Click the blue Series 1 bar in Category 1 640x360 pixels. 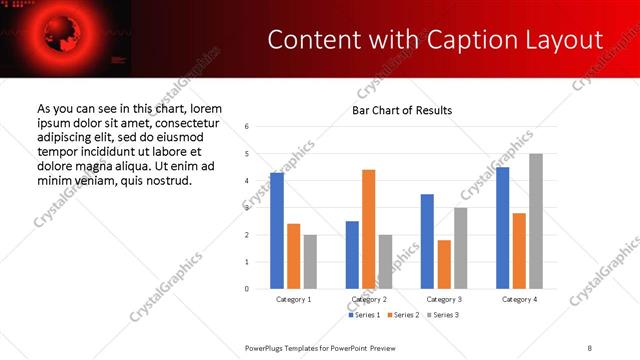pos(277,230)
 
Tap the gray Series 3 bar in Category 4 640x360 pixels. pos(535,221)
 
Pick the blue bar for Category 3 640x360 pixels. pos(427,241)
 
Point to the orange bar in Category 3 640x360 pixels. pos(443,264)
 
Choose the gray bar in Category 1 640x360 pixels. pos(310,261)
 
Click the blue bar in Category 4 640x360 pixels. pos(502,228)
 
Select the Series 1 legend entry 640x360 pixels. pos(363,315)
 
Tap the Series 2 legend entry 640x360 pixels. pos(402,315)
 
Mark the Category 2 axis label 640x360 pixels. pos(369,299)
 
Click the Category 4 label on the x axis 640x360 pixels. pos(519,299)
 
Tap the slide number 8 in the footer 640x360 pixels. pos(590,347)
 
